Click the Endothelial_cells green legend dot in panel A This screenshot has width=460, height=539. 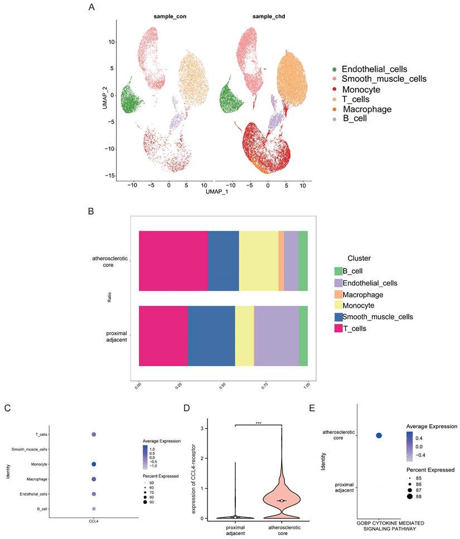tap(334, 69)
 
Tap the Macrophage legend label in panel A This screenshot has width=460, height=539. tap(367, 109)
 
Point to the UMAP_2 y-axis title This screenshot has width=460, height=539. tap(105, 95)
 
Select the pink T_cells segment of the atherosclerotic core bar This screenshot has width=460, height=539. tap(173, 260)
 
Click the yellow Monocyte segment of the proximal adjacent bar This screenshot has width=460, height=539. tap(244, 336)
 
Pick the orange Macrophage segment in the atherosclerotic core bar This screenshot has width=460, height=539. tap(281, 260)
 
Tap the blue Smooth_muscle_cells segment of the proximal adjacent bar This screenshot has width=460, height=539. tap(211, 336)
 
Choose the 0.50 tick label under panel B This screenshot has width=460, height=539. tap(222, 385)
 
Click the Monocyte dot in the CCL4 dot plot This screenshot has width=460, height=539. tap(94, 464)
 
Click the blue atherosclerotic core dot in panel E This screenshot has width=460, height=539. tap(379, 435)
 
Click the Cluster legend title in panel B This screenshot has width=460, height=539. tap(360, 258)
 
